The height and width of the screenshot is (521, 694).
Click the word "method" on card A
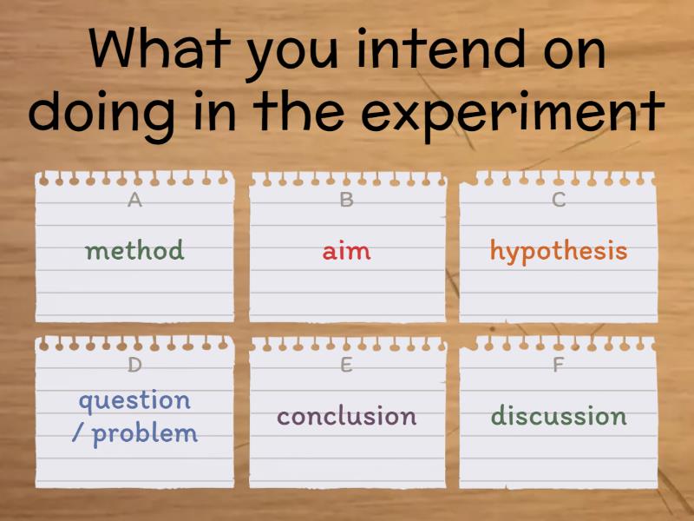click(134, 251)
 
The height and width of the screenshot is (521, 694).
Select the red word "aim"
click(346, 251)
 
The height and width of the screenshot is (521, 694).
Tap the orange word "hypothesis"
click(558, 251)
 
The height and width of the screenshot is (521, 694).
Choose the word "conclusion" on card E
click(346, 416)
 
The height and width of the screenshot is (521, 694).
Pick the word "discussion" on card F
click(558, 416)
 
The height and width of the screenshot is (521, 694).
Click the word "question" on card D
click(134, 401)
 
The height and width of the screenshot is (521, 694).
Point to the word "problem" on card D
click(145, 433)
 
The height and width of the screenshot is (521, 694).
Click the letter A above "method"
click(134, 201)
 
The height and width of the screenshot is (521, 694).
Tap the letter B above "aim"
click(346, 201)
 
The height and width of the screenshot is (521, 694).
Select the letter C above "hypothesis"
click(559, 201)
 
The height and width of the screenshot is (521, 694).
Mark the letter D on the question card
click(134, 366)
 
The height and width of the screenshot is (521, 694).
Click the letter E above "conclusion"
click(346, 366)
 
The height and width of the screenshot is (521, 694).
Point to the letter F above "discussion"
click(559, 366)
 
